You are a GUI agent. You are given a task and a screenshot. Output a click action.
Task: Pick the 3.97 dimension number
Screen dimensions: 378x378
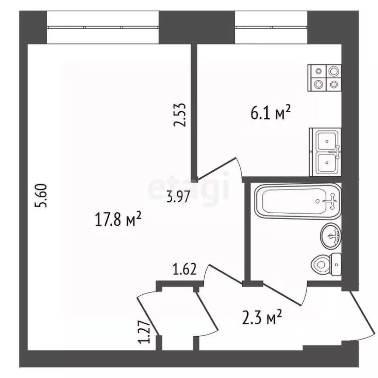coord(178,198)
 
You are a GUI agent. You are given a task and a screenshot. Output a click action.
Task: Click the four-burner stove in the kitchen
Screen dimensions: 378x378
coord(325,78)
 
